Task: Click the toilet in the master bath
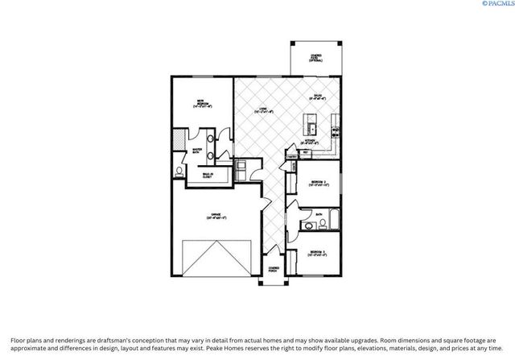pos(179,172)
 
